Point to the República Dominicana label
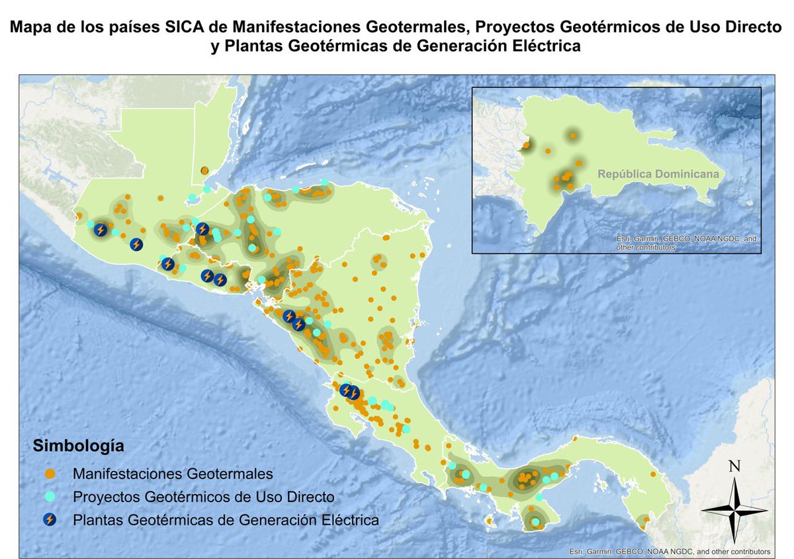(658, 174)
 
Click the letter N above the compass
(734, 466)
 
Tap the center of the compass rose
(734, 509)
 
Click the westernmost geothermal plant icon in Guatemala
(100, 230)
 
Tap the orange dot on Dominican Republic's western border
(526, 144)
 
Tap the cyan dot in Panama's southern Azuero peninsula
(536, 524)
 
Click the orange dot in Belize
(205, 171)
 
